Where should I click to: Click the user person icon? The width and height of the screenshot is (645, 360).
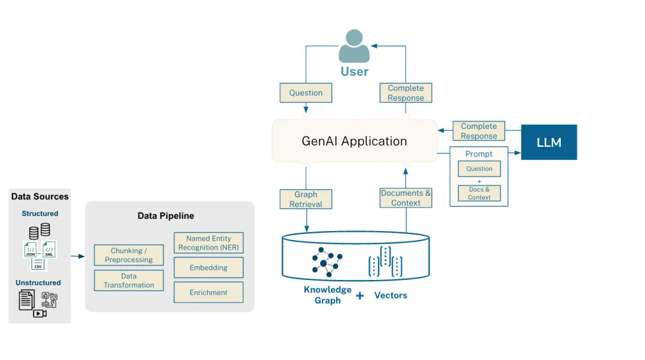[354, 46]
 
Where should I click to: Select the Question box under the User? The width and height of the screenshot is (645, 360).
[306, 93]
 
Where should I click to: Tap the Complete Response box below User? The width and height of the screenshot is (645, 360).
[406, 93]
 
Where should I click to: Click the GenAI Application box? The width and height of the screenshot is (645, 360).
[354, 141]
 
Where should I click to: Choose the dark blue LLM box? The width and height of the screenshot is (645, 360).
[549, 142]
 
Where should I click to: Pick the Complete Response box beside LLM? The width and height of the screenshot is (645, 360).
[479, 131]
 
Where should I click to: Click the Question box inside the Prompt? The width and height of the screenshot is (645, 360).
[479, 168]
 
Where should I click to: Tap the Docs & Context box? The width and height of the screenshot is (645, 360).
[479, 193]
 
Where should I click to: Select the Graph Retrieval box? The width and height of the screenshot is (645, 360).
[306, 199]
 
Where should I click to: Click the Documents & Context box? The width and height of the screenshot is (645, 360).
[406, 198]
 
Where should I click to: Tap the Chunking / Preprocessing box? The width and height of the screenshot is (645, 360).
[128, 255]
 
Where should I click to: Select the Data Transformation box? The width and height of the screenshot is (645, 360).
[128, 280]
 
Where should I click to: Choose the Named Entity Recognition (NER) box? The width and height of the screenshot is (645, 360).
[208, 242]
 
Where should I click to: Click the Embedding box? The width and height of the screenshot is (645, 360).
[208, 267]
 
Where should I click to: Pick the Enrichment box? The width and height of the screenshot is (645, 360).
[208, 293]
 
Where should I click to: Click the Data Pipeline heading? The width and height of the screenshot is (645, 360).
[165, 216]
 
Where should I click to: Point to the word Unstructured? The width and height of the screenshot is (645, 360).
[38, 282]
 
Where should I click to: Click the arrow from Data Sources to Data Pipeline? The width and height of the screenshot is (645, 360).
[78, 257]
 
